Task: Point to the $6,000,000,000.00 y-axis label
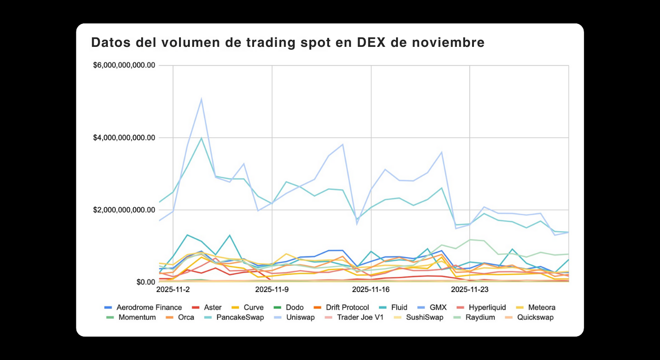[124, 65]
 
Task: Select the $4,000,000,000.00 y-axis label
[124, 138]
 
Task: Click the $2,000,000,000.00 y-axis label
[124, 210]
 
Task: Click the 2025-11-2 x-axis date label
[173, 290]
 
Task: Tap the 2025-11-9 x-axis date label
[272, 290]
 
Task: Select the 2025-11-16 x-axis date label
[371, 290]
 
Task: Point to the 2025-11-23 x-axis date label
[470, 290]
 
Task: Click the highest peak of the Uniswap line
[201, 99]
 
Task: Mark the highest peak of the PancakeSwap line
[201, 138]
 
